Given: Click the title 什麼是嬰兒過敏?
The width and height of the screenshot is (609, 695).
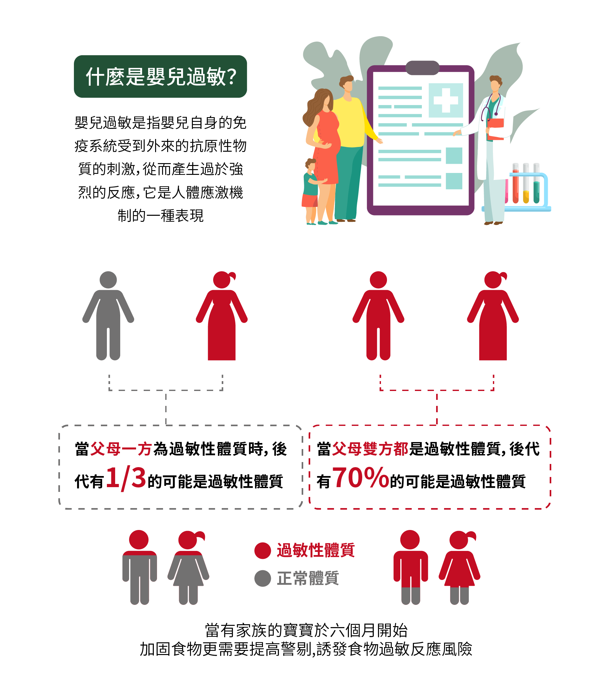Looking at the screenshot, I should pyautogui.click(x=160, y=76).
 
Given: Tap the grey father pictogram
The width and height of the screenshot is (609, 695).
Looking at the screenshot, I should pyautogui.click(x=108, y=316).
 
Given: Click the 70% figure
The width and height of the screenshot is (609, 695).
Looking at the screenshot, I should pyautogui.click(x=361, y=477).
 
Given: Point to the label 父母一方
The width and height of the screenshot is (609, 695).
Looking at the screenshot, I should pyautogui.click(x=121, y=449).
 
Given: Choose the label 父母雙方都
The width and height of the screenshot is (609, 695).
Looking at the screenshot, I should pyautogui.click(x=370, y=449).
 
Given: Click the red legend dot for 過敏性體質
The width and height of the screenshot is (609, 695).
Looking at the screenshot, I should pyautogui.click(x=262, y=551).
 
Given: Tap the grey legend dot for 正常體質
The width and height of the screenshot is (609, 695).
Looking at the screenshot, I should pyautogui.click(x=262, y=578).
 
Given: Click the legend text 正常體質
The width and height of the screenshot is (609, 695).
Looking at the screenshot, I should pyautogui.click(x=308, y=578).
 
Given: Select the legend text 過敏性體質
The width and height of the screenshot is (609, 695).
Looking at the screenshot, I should pyautogui.click(x=316, y=551).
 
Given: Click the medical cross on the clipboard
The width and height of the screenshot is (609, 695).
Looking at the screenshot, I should pyautogui.click(x=446, y=100).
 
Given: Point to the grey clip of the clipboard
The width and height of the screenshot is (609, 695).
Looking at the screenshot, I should pyautogui.click(x=422, y=68).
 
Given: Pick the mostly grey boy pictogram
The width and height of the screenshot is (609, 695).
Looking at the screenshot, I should pyautogui.click(x=139, y=568).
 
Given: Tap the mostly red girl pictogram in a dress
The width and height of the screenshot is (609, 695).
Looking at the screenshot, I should pyautogui.click(x=460, y=568).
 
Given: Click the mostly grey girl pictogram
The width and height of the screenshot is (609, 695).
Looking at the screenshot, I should pyautogui.click(x=188, y=568).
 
